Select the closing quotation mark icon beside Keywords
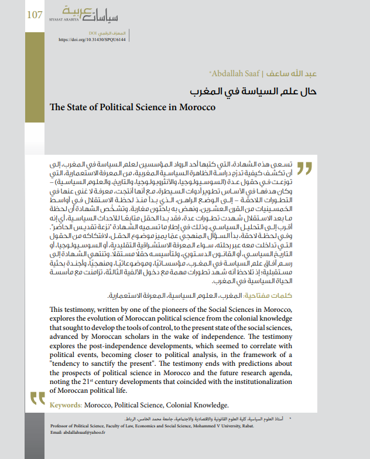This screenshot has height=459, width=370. click(x=38, y=400)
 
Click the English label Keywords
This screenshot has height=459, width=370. click(x=66, y=404)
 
